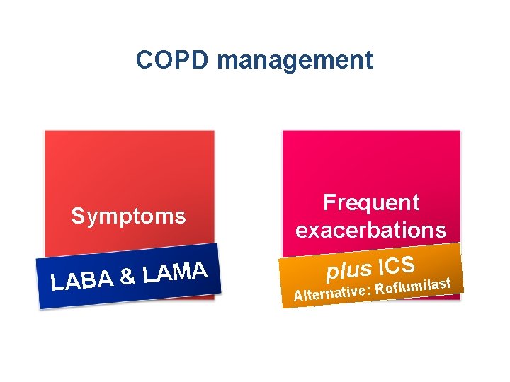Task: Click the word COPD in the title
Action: click(x=173, y=60)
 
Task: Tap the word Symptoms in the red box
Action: click(x=128, y=216)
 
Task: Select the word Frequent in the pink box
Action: click(x=371, y=203)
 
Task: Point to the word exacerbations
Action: click(x=371, y=231)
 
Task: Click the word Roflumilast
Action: click(x=414, y=286)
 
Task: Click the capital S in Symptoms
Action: click(x=76, y=216)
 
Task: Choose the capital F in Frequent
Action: click(x=329, y=203)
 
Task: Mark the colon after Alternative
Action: click(x=369, y=290)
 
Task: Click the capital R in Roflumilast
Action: click(x=380, y=289)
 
